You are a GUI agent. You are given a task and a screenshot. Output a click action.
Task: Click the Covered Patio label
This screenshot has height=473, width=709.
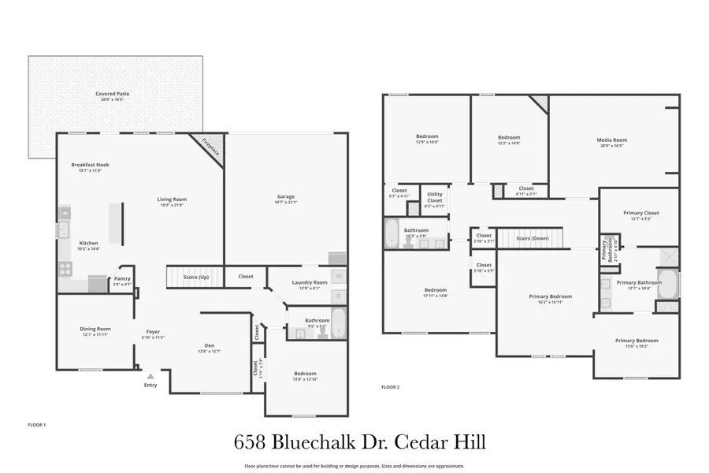tap(113, 94)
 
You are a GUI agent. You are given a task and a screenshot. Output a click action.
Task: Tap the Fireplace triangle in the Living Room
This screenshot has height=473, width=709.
tap(211, 147)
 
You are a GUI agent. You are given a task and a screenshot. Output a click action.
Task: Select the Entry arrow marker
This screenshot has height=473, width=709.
tap(150, 377)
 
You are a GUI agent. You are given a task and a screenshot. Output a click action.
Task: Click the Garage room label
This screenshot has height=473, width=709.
tap(285, 196)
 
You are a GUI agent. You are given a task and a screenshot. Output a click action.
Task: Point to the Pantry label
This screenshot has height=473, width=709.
tap(122, 277)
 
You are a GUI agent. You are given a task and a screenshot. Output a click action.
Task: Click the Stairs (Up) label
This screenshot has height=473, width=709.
tap(196, 277)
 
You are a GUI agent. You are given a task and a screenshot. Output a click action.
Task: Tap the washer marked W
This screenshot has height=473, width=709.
tap(338, 276)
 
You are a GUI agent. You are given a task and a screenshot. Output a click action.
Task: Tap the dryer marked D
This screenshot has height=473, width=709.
tap(338, 296)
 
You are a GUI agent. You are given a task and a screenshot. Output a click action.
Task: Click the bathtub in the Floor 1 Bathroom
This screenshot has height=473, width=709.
tap(338, 322)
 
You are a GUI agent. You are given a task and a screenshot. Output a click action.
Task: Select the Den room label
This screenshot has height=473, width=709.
tap(210, 345)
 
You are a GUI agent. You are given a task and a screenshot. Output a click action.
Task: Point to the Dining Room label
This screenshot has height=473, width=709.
tap(95, 329)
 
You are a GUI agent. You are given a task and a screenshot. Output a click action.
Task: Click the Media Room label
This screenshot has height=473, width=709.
tap(611, 140)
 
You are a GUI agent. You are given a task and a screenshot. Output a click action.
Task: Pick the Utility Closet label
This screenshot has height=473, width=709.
tap(435, 197)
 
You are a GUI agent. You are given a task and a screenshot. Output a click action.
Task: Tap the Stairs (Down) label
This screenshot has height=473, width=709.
tap(533, 238)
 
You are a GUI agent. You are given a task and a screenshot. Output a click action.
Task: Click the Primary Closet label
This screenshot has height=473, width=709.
tap(640, 213)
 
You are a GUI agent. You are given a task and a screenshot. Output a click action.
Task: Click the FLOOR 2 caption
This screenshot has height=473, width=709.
tap(391, 387)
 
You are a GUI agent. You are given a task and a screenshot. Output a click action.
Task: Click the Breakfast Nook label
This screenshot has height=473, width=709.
tap(91, 165)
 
